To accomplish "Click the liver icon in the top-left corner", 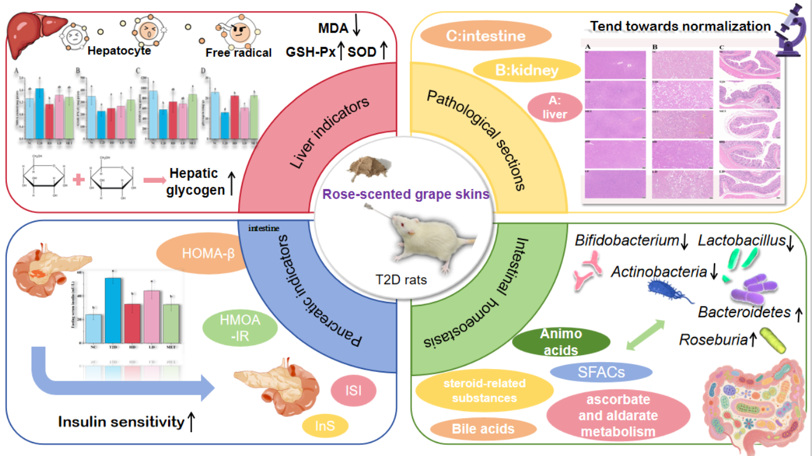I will click(x=30, y=29).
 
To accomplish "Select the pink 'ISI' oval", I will click(x=353, y=391).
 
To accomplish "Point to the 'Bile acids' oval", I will click(x=483, y=429).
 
